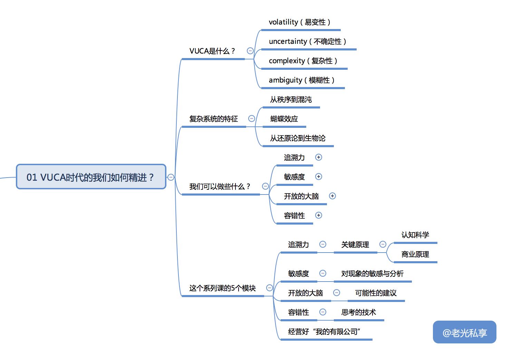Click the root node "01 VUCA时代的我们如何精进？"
[91, 177]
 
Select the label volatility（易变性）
[299, 22]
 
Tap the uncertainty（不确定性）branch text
[307, 41]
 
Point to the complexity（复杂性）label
[303, 61]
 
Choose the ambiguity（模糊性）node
[301, 80]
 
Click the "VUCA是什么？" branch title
[212, 51]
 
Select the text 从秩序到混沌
[291, 100]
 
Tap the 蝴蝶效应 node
[284, 119]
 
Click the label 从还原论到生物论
[298, 138]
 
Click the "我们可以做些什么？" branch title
[220, 187]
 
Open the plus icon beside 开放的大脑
[332, 196]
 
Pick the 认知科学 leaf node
[415, 235]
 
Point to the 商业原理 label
[415, 254]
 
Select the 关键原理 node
[355, 245]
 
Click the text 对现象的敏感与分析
[373, 274]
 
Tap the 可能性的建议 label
[376, 293]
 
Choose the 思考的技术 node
[358, 312]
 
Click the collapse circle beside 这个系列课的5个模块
[269, 288]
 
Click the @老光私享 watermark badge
[464, 332]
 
